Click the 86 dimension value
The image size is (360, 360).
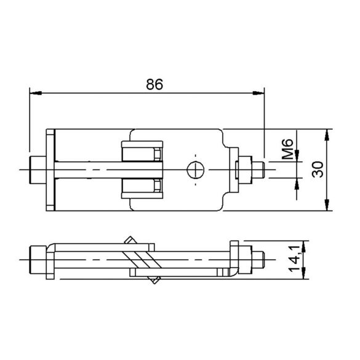[x=154, y=84]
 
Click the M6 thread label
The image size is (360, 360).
[x=287, y=149]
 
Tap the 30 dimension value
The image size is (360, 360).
[x=318, y=169]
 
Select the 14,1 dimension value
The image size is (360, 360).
[x=294, y=258]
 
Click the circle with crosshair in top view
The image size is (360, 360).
[x=196, y=170]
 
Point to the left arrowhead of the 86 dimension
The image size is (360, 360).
[x=36, y=93]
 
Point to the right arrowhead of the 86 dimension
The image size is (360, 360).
[x=258, y=93]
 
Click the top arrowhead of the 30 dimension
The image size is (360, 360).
[x=327, y=135]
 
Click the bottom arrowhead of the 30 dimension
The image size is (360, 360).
[x=327, y=205]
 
